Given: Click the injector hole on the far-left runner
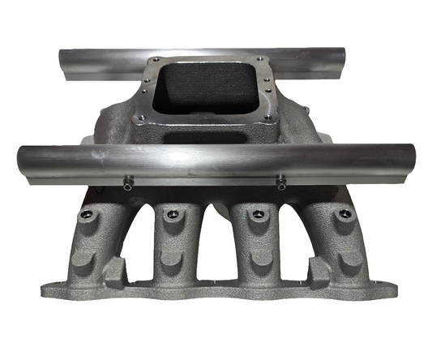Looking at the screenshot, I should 86,215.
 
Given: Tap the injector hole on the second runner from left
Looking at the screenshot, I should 171,214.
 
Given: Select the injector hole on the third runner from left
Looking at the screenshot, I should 259,214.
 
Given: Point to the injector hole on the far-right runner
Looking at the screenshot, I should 344,214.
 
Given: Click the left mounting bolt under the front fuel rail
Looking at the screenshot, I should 127,185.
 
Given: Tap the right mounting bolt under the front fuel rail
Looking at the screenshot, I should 280,184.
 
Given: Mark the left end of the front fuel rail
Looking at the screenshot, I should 22,163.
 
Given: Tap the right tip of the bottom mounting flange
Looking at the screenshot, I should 396,289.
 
